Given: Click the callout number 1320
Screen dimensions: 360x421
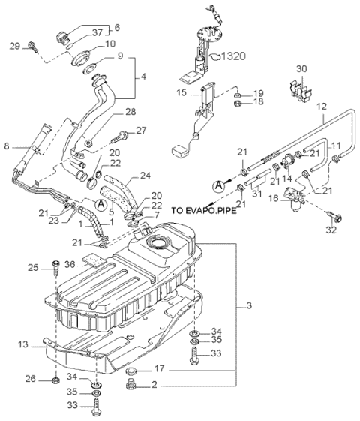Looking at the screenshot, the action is pyautogui.click(x=234, y=56).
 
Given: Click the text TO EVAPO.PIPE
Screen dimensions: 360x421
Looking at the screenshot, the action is pyautogui.click(x=205, y=210).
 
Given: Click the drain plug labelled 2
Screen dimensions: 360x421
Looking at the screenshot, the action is pyautogui.click(x=130, y=383).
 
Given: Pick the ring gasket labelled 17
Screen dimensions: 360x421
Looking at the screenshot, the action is pyautogui.click(x=131, y=371).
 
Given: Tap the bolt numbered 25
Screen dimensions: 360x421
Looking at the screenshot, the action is pyautogui.click(x=56, y=267).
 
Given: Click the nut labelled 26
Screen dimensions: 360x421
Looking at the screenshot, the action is pyautogui.click(x=55, y=380).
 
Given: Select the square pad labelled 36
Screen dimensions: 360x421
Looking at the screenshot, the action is pyautogui.click(x=93, y=260).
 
